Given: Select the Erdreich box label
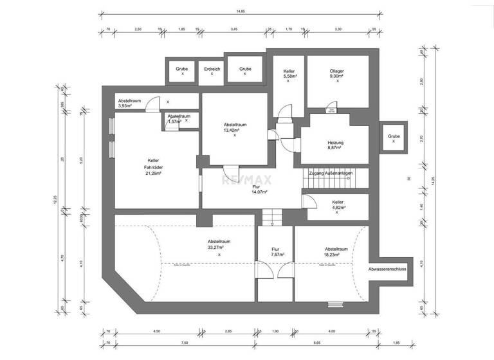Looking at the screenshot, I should [x=212, y=68].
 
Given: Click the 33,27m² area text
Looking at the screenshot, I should [x=219, y=248].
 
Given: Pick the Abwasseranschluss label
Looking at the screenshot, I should [x=387, y=269].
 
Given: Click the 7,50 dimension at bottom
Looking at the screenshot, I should [x=184, y=343].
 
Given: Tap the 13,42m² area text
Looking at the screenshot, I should [x=234, y=130].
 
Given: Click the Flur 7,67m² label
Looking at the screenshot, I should [x=275, y=251].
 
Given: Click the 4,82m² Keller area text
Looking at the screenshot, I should [x=337, y=208].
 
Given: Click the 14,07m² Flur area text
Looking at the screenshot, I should [x=259, y=192].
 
